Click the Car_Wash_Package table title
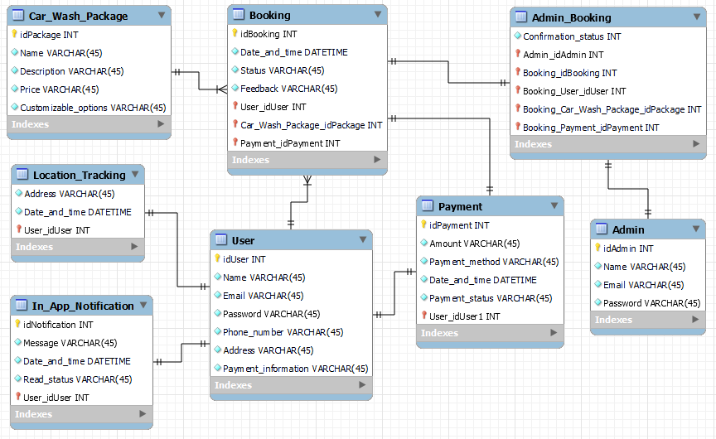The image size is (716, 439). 78,16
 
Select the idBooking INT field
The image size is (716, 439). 268,34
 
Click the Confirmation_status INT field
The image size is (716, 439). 571,36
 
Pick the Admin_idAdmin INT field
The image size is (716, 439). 563,55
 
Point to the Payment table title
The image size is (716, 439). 460,206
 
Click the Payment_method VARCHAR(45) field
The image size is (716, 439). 493,262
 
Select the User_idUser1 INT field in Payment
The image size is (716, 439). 464,316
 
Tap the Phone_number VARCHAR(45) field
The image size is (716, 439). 283,332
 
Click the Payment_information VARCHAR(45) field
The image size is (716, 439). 295,369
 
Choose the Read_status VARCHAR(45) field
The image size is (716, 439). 77,379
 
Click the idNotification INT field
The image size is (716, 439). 58,325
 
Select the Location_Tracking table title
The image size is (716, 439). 79,175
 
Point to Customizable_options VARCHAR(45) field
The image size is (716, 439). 93,108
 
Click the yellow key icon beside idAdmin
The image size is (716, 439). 597,248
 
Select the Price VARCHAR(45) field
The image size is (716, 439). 59,89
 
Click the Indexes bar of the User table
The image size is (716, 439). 290,385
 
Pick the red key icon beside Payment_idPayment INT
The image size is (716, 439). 235,143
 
